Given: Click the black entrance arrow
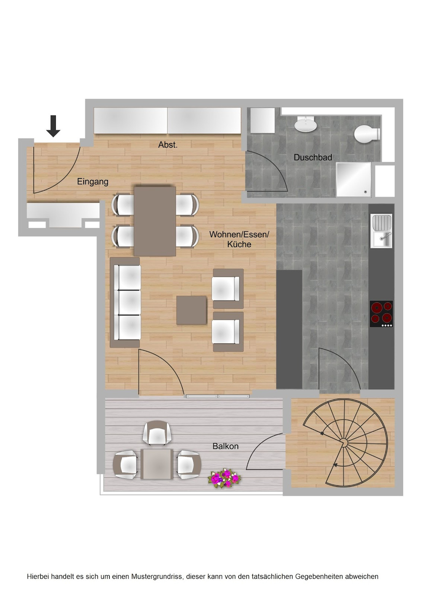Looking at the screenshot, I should pos(53,126).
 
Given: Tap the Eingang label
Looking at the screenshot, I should pos(93,182).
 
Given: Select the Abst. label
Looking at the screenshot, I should pos(168,144).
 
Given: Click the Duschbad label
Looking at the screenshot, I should pos(313,157).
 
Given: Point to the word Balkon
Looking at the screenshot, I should pos(225,446).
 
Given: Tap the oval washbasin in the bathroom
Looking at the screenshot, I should pos(306,124).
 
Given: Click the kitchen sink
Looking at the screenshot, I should pos(381,231).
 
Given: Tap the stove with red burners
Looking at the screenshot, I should pos(381,314).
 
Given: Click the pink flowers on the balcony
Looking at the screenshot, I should pos(224,478).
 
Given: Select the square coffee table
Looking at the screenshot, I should pos(192,310).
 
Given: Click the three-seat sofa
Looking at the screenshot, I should pos(125,302).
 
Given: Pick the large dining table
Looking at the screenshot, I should pos(155,221).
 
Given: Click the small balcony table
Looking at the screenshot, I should pos(157,464).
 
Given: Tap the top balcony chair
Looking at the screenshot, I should pos(157,433).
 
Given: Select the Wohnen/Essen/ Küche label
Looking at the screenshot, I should pos(239,239).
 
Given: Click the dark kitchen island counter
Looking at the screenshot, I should pos(289,329).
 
